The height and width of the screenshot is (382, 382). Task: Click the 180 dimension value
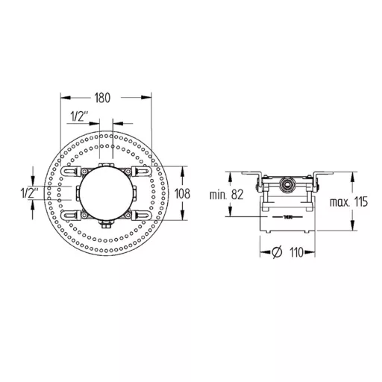click(102, 98)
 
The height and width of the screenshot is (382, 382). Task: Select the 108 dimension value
click(183, 193)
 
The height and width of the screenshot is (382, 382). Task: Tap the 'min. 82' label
click(226, 195)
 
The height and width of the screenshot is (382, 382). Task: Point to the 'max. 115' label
click(348, 201)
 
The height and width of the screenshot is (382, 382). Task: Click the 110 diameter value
click(296, 252)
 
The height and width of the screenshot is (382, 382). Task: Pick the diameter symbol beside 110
click(277, 252)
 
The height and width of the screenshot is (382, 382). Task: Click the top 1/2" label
click(80, 116)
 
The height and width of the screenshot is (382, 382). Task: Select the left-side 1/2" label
click(30, 193)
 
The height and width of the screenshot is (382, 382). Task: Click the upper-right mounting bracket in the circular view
click(141, 171)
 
